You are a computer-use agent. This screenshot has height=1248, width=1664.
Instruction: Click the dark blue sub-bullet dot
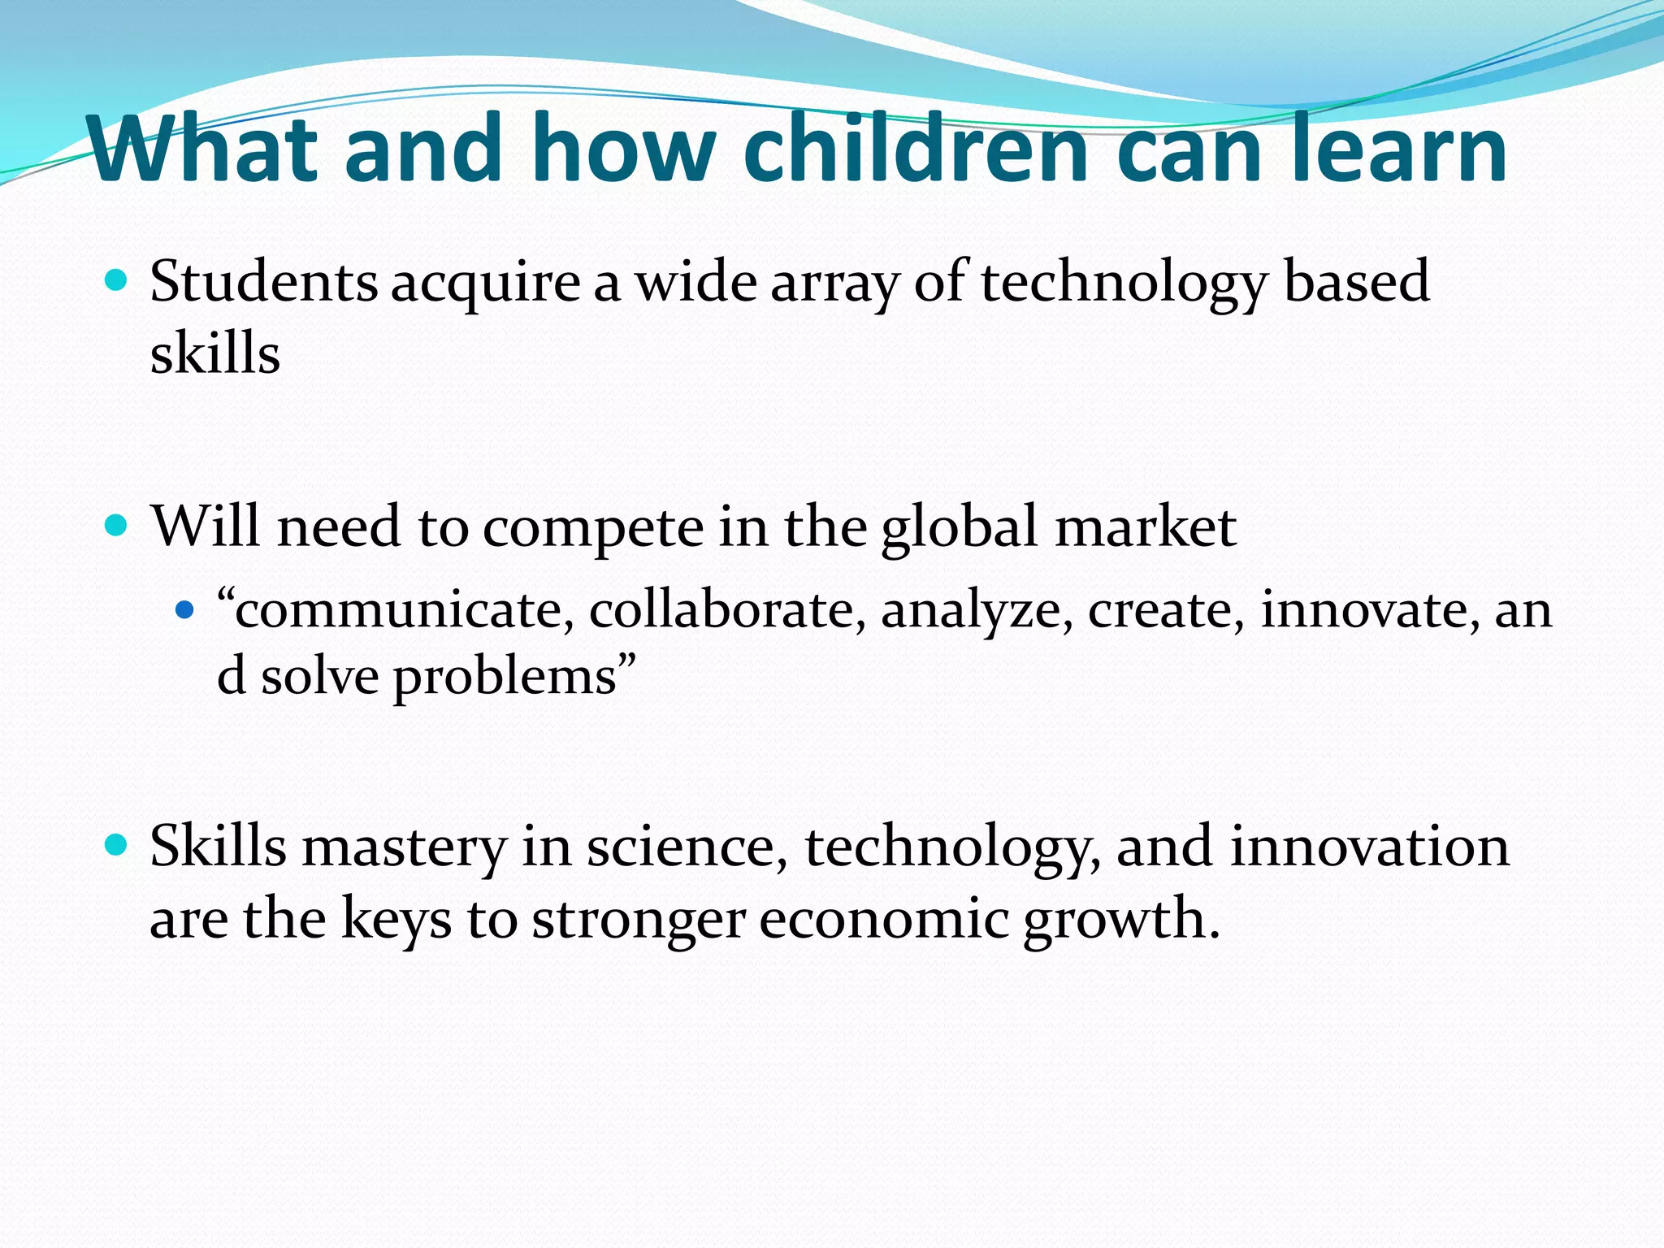[185, 609]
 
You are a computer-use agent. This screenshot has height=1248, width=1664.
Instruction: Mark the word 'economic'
[883, 919]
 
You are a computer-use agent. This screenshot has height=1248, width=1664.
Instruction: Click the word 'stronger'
[638, 921]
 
